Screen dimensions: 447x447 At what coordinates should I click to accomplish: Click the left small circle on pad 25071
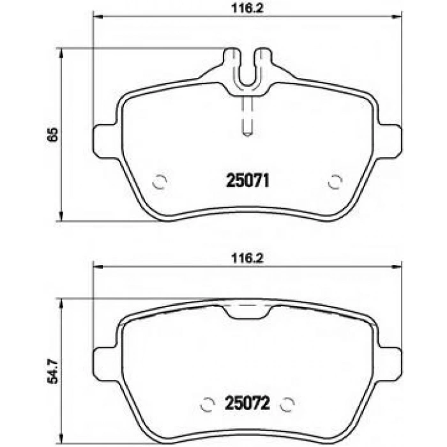tap(160, 183)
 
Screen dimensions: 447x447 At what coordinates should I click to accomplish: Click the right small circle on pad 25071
tap(334, 183)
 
